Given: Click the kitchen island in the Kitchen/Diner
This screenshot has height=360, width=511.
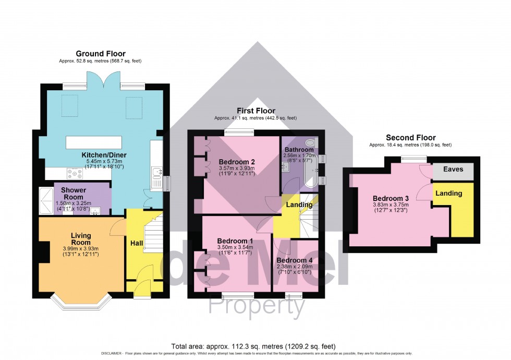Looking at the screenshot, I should click(x=94, y=142).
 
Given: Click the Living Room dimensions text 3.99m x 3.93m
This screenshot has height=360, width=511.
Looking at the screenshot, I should click(x=81, y=249).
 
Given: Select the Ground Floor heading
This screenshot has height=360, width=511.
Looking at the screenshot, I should click(x=101, y=54).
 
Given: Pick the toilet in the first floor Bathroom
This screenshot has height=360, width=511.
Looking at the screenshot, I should click(x=311, y=142).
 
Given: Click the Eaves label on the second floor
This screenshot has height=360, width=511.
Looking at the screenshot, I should click(x=453, y=170).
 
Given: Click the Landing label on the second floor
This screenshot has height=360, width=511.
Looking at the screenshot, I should click(x=449, y=193).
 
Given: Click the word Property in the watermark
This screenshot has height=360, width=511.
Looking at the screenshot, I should click(x=257, y=307).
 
